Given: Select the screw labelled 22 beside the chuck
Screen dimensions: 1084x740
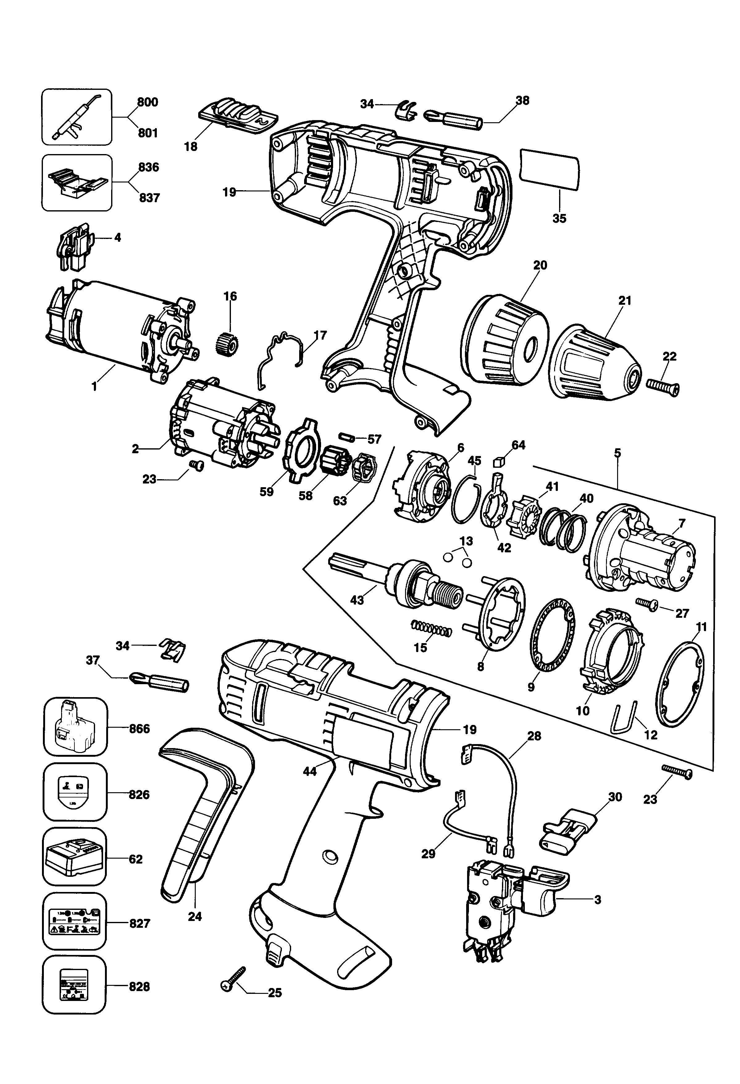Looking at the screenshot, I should [663, 387].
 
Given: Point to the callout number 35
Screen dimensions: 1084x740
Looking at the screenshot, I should [559, 218].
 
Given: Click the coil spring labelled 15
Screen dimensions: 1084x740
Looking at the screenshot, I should [432, 629].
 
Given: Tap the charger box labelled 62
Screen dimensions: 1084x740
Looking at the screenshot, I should [75, 860].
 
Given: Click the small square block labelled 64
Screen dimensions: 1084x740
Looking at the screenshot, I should [499, 461].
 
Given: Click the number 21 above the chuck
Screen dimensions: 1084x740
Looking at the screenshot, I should [624, 301].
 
